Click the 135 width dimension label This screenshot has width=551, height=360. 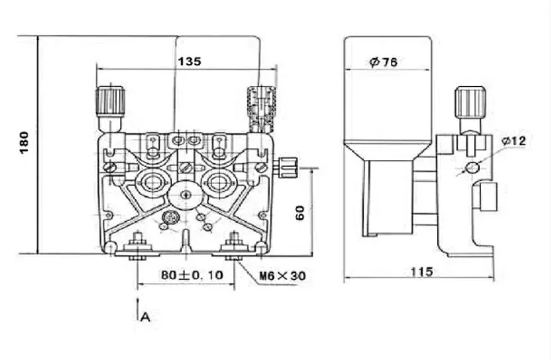189,61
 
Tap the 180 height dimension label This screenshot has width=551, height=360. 24,143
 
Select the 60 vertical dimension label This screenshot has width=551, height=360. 300,213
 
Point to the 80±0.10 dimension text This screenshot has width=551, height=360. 192,275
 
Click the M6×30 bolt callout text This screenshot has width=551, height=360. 282,276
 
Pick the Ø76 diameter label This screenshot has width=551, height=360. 383,62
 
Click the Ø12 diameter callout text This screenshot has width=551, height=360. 514,141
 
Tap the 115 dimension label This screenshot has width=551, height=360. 422,272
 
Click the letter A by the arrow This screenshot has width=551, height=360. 145,317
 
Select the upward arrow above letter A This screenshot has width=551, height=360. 137,309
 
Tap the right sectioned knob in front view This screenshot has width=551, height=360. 261,103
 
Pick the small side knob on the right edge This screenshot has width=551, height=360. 288,168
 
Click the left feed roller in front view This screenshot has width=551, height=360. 152,183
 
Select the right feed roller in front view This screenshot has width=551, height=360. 219,183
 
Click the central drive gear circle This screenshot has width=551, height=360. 186,195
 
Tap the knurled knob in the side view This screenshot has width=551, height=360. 470,103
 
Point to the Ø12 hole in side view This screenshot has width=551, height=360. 472,168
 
